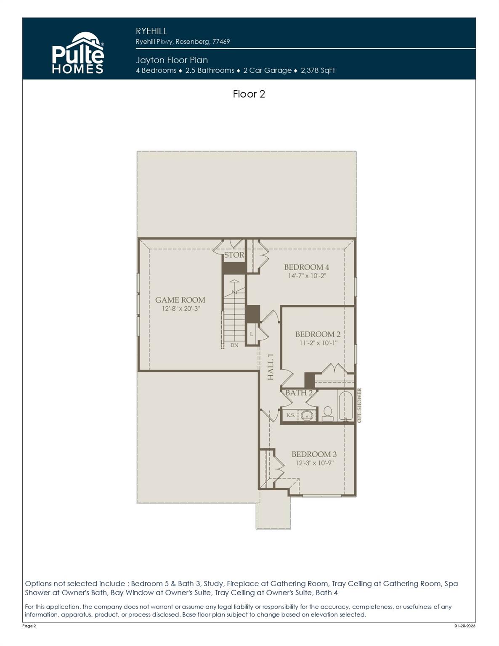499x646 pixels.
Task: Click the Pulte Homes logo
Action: click(78, 53)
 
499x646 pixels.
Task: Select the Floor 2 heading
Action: click(249, 94)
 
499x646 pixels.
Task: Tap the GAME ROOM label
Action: click(180, 300)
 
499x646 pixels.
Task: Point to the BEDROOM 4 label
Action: click(306, 267)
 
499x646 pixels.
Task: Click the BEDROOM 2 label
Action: click(318, 334)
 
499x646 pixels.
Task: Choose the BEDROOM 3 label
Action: click(314, 454)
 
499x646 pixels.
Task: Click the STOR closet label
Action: click(234, 255)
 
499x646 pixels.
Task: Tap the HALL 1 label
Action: click(271, 367)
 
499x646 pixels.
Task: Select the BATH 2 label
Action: click(299, 393)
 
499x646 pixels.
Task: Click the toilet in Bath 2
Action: click(327, 413)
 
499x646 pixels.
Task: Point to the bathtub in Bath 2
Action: click(345, 406)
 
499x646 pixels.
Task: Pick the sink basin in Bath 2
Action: click(307, 416)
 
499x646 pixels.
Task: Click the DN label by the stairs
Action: click(234, 345)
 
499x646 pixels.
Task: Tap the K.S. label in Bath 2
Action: click(291, 415)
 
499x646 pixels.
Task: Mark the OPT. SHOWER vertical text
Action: click(359, 405)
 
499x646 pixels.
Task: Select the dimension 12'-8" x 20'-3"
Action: click(180, 309)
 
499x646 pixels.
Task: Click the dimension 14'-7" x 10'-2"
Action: click(307, 276)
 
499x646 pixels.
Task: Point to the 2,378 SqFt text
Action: click(318, 71)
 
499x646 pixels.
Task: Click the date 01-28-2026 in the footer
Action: click(464, 626)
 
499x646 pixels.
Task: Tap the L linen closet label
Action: click(252, 334)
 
